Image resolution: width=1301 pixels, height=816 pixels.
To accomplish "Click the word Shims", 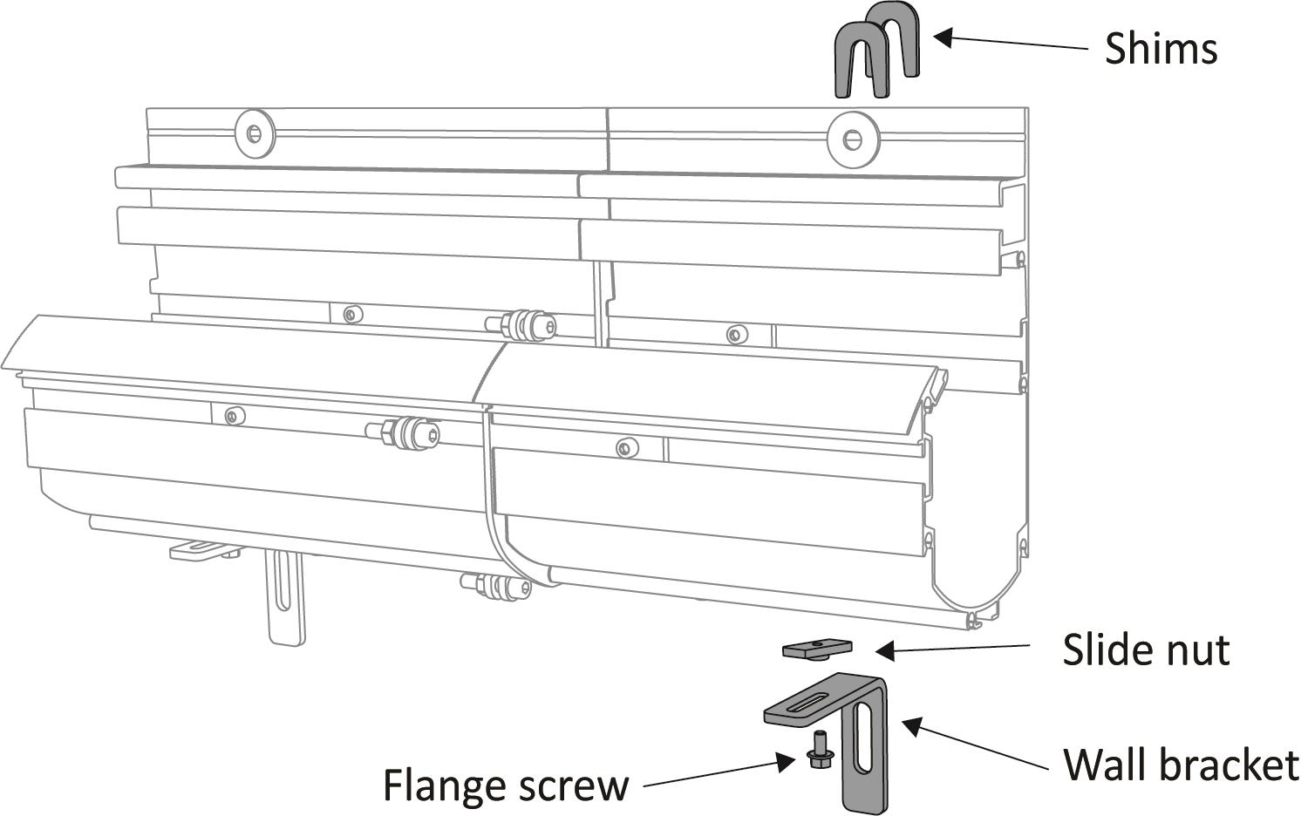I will click(1161, 48).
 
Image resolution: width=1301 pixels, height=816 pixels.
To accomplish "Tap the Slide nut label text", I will click(1146, 650).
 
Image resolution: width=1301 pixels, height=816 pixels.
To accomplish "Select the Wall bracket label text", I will click(1181, 765).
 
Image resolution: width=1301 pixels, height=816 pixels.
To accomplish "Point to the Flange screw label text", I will click(506, 785).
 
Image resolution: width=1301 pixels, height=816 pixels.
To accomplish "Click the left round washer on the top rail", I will click(254, 133).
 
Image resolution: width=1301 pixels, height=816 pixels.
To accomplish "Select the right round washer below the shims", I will click(851, 138).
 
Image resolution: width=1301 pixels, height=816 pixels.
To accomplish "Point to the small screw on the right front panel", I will click(625, 448).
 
